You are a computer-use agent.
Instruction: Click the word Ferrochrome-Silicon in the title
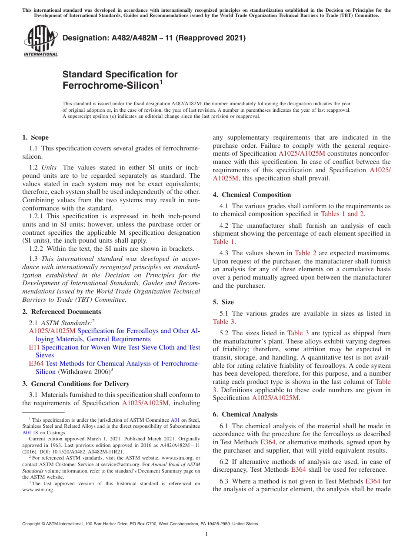coord(110,86)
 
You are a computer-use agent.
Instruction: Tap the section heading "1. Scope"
coord(35,137)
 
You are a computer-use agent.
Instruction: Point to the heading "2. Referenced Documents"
coord(61,312)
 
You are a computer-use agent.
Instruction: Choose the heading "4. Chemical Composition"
coord(252,195)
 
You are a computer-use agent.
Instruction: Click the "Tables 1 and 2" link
coord(342,214)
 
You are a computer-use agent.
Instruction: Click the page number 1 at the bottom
coord(206,534)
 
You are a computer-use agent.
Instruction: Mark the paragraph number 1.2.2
coord(37,249)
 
